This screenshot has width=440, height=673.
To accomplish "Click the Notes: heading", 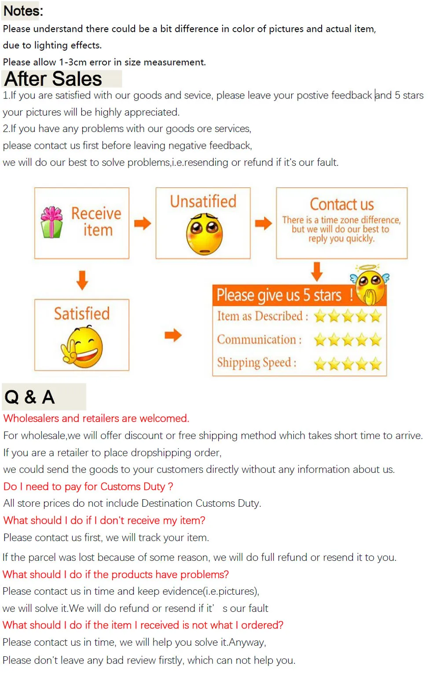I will [23, 11].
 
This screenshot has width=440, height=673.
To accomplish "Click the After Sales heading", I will [53, 79].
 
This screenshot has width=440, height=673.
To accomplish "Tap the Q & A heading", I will [29, 397].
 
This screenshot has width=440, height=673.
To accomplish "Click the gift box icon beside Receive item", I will [52, 222].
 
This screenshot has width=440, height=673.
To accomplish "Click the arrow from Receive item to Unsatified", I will [143, 223].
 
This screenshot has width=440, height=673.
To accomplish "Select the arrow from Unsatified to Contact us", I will [263, 223].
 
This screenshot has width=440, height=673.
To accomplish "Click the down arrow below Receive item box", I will [82, 280].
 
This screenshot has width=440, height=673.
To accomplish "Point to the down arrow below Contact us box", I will [317, 271].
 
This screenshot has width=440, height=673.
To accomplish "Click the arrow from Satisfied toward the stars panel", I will [173, 335].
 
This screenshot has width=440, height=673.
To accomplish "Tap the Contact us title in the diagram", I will [342, 204].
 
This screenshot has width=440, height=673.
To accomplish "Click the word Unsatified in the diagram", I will [203, 201].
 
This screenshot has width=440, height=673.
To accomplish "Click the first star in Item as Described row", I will [320, 316].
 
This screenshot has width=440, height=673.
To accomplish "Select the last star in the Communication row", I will [376, 340].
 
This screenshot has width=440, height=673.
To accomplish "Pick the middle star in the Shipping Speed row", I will [348, 364].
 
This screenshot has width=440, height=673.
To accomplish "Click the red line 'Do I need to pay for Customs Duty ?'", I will [88, 486].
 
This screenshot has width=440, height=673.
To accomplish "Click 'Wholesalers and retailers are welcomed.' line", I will [96, 418].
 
